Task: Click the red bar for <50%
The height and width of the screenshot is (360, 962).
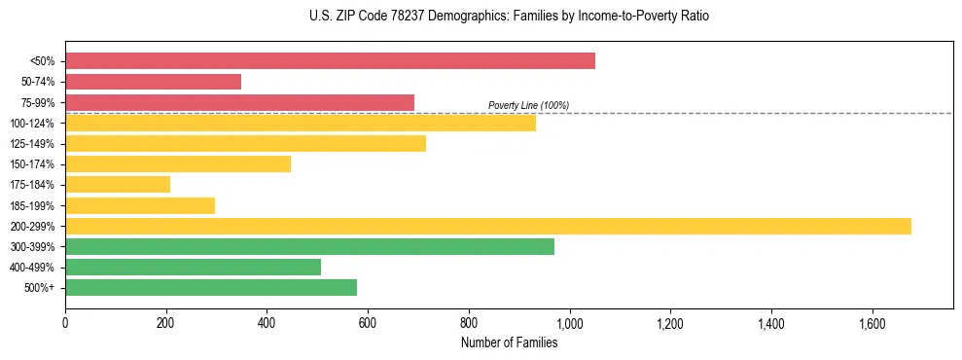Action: point(330,61)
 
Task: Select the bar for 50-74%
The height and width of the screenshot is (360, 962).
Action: point(153,82)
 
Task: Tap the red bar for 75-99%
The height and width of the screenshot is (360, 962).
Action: point(239,102)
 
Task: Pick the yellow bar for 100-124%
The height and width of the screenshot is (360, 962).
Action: point(301,123)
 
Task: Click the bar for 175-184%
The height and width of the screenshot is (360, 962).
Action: point(118,184)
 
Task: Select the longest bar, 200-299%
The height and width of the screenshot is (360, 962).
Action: point(488,226)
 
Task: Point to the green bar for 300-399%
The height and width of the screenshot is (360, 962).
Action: point(309,246)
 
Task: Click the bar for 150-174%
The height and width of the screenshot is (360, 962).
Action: point(178,163)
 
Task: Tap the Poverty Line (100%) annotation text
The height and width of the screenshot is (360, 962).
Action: point(528,105)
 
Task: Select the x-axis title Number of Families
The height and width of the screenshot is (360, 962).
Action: point(509,342)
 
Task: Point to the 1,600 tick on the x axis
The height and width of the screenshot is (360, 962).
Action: point(872,322)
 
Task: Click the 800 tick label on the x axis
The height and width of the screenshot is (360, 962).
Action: point(469,322)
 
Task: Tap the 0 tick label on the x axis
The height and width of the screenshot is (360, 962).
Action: point(65,322)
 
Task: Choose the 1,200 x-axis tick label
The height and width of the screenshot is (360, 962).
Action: point(670,322)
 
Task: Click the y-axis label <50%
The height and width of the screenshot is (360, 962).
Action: point(43,61)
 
